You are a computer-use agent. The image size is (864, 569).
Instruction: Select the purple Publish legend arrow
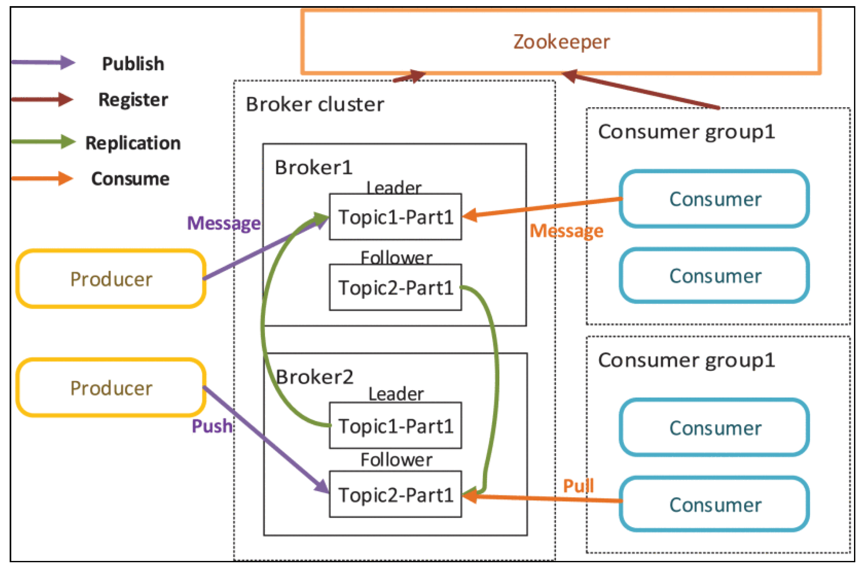pos(43,63)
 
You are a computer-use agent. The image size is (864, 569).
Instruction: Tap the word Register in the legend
pos(133,100)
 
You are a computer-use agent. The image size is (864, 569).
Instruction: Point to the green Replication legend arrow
pos(43,142)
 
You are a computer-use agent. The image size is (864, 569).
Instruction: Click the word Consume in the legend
pos(130,179)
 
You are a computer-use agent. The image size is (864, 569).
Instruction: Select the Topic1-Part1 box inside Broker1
pos(395,217)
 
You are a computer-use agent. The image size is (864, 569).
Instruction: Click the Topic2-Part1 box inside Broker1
pos(395,287)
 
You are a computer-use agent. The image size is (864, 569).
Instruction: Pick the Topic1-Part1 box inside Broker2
pos(395,426)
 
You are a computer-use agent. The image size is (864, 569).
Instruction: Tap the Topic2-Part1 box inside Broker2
pos(395,495)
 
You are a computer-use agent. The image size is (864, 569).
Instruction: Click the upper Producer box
pos(111,279)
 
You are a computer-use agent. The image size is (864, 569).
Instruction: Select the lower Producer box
pos(111,388)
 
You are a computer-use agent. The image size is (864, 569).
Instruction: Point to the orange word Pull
pos(578,486)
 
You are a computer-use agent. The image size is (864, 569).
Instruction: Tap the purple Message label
pos(224,223)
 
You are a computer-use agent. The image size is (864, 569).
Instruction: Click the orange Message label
pos(566,231)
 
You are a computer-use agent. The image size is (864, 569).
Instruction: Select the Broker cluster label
pos(315,105)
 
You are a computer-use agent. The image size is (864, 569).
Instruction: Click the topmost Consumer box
pos(714,199)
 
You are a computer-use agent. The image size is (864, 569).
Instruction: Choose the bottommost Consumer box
pos(714,505)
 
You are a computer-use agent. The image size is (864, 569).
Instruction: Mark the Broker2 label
pos(315,377)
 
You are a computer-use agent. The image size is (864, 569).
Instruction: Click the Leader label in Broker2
pos(396,394)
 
